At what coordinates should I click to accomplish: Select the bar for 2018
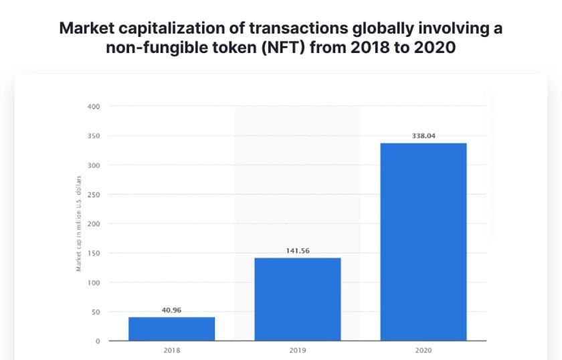172,329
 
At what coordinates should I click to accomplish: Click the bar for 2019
298,299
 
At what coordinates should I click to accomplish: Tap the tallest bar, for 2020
424,242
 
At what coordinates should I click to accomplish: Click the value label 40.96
172,310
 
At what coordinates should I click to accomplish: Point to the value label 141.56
298,251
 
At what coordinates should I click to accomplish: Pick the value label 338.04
424,135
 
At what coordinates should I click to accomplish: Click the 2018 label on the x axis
172,351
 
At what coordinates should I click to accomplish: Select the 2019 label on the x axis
298,351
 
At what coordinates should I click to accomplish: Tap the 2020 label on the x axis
424,351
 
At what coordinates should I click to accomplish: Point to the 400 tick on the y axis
93,106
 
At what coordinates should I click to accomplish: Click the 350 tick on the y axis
93,136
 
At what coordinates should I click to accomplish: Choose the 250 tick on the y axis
93,195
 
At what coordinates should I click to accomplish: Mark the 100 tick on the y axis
93,283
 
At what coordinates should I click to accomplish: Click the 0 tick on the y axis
98,342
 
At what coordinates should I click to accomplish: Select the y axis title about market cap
79,223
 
